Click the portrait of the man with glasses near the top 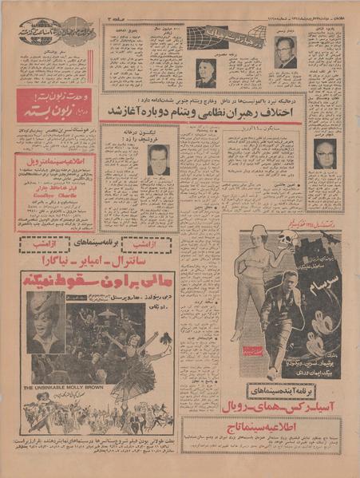click(285, 52)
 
